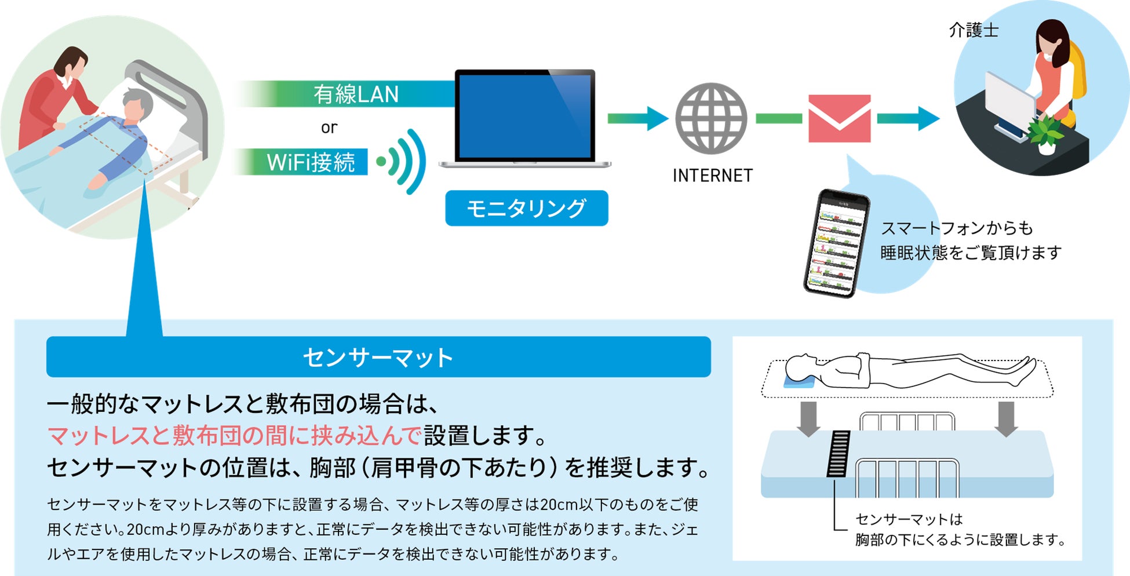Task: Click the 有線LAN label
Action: (x=356, y=94)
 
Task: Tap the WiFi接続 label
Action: (x=310, y=162)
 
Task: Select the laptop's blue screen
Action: (x=525, y=116)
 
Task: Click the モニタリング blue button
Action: (x=526, y=208)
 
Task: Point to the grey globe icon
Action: (x=711, y=118)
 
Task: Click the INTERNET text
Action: (x=712, y=176)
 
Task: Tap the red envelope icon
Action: (x=839, y=119)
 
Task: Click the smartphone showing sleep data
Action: (x=836, y=243)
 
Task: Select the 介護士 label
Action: (x=974, y=30)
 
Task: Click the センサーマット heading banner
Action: (x=378, y=357)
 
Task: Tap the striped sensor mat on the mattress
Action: (x=839, y=454)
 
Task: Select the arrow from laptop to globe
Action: (x=637, y=118)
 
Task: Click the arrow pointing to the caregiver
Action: (x=907, y=118)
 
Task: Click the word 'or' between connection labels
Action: (x=329, y=127)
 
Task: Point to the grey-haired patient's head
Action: (x=137, y=105)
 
